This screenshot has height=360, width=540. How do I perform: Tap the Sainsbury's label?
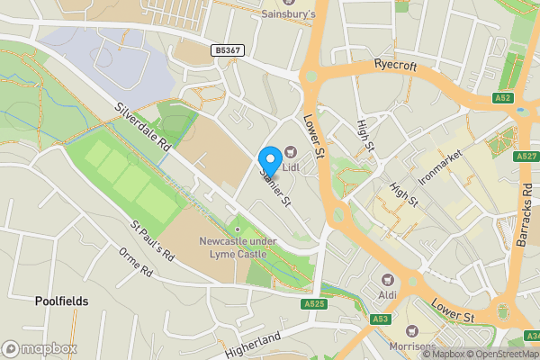pos(288,14)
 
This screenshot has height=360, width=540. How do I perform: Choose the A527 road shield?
pos(527,157)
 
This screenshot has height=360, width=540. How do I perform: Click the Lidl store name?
pos(292,166)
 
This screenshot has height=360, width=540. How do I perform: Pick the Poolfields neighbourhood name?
pos(62,301)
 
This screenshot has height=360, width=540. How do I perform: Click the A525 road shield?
pos(314,304)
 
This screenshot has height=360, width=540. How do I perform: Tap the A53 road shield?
pos(380,319)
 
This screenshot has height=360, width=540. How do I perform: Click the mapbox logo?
pos(40,348)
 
